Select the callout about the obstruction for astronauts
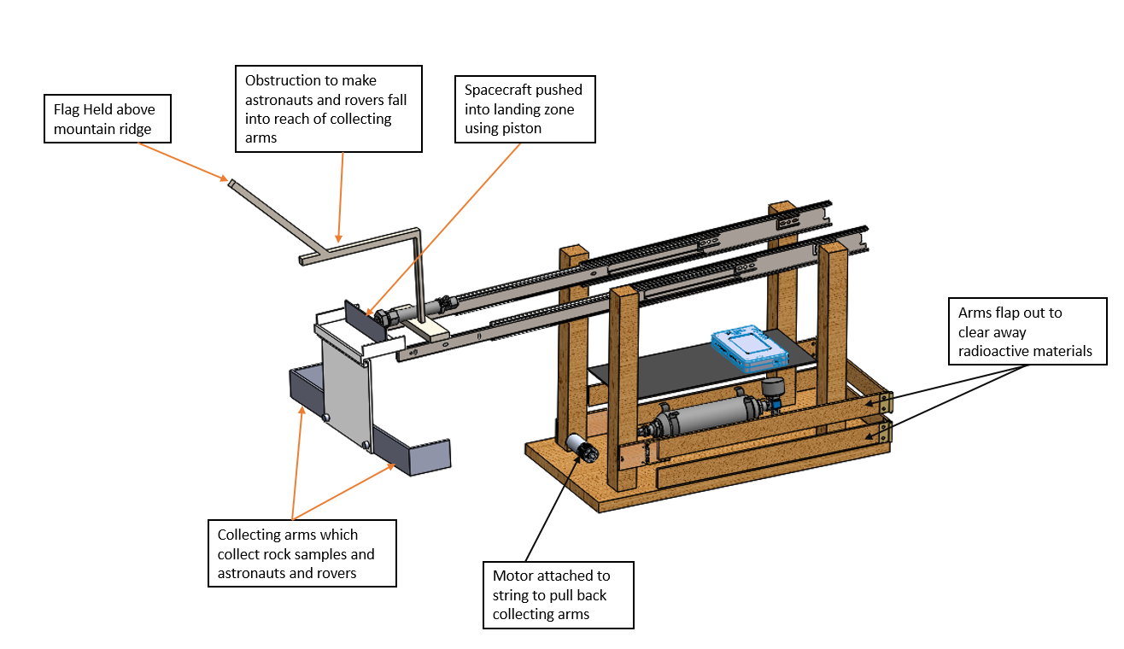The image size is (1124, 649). [x=328, y=108]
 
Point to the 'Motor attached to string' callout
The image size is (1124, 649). [x=558, y=594]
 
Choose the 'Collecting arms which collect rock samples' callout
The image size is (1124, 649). [x=301, y=553]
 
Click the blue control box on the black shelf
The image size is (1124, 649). [x=748, y=349]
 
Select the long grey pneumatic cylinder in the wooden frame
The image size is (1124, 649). [x=705, y=416]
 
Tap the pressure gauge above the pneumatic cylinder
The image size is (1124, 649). [x=775, y=389]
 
